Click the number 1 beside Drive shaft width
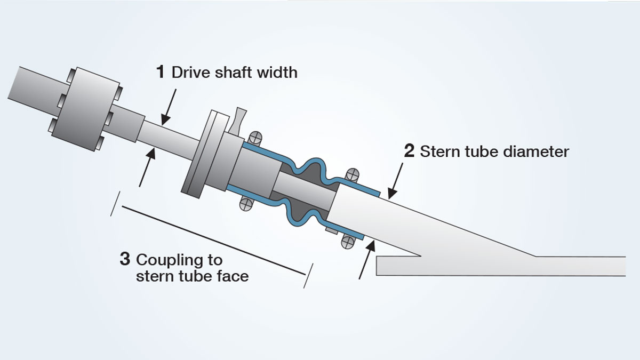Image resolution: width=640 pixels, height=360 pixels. click(x=160, y=72)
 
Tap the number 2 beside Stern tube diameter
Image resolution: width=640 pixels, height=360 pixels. click(x=409, y=151)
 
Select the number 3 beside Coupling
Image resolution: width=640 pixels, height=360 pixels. click(x=125, y=260)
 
